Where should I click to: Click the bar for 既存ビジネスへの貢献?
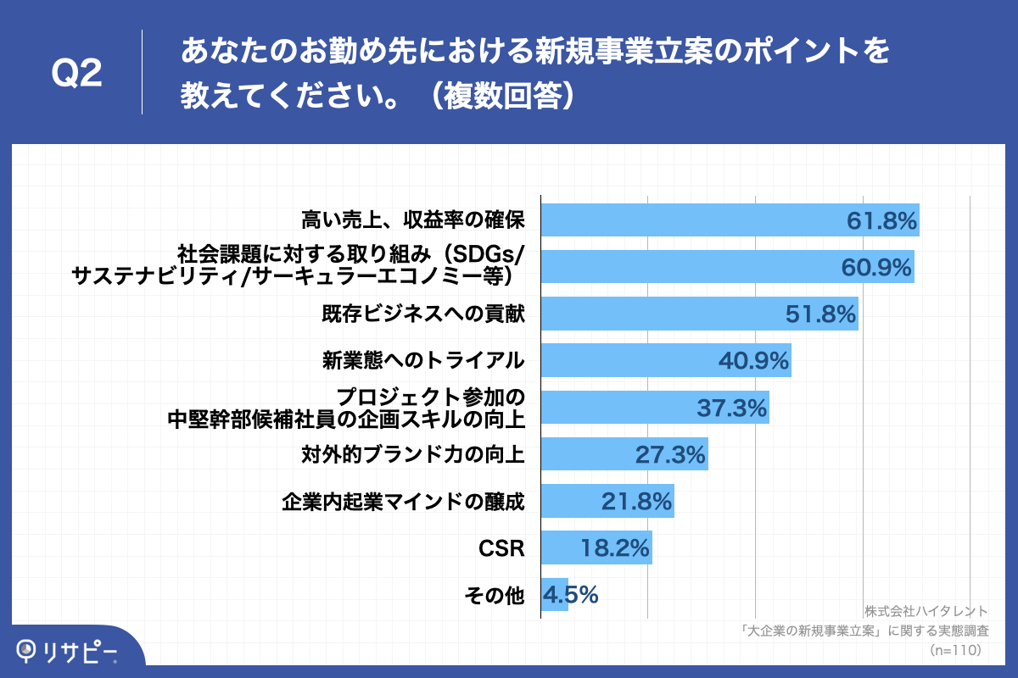[x=662, y=314]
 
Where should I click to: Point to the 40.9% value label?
[x=754, y=362]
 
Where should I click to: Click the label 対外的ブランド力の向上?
[x=413, y=455]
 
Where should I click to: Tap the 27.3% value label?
[x=670, y=455]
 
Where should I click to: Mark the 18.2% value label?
[x=615, y=549]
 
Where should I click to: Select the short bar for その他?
[x=554, y=596]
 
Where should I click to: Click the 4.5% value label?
[x=571, y=596]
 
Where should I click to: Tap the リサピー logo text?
[x=81, y=651]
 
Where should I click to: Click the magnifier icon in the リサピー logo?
[x=28, y=650]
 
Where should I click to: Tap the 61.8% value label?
[x=881, y=221]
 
